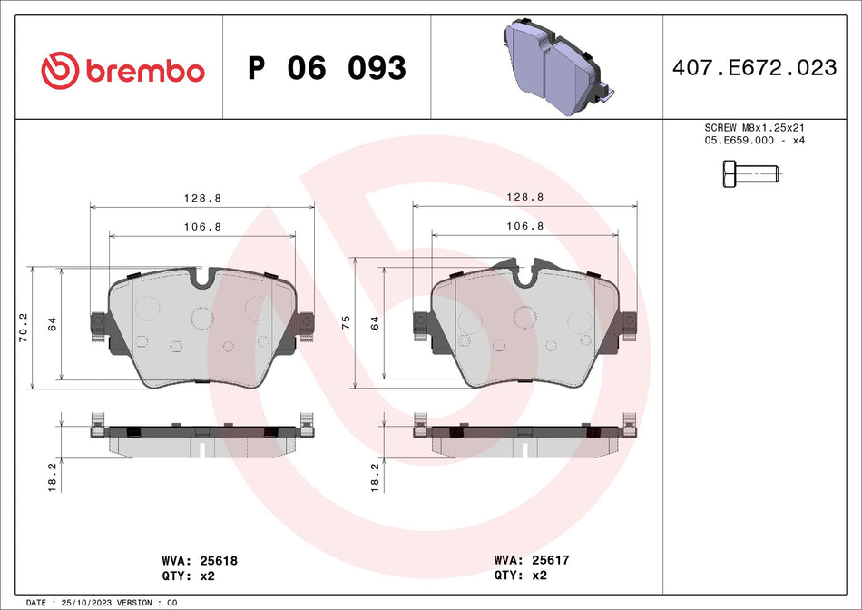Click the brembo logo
click(x=122, y=70)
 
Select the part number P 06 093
click(x=327, y=68)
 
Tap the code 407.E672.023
click(x=754, y=68)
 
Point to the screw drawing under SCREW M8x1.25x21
click(x=749, y=173)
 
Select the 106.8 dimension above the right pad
click(x=524, y=225)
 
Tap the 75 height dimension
click(x=345, y=321)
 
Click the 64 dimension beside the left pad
click(x=52, y=323)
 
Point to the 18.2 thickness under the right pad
click(x=375, y=477)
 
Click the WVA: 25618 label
click(x=198, y=561)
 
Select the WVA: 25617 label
click(x=531, y=561)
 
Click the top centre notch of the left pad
click(x=202, y=275)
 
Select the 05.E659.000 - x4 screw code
click(x=754, y=141)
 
